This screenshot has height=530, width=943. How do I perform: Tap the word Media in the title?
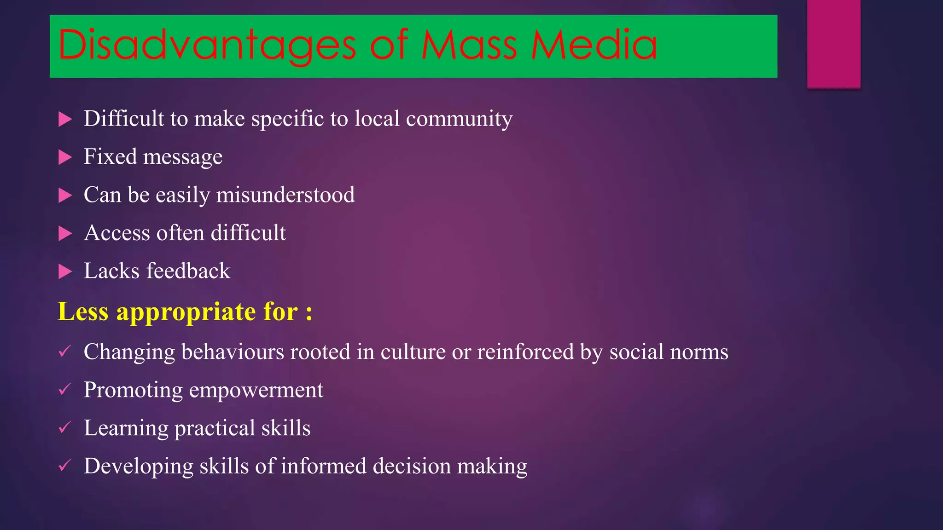point(594,45)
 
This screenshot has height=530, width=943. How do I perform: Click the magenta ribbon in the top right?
point(833,44)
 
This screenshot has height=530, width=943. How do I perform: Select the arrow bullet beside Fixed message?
point(65,158)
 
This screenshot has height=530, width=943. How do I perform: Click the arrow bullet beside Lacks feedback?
point(65,272)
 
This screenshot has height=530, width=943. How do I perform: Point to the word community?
point(459,119)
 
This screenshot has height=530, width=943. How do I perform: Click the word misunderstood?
point(285,195)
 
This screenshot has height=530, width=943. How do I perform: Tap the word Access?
point(117,233)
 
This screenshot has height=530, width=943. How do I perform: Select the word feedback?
point(188,271)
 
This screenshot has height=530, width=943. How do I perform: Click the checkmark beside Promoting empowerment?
point(64,390)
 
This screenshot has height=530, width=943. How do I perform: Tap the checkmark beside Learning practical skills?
point(64,428)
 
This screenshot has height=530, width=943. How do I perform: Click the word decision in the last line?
point(412,466)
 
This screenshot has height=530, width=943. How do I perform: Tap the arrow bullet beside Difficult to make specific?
point(65,120)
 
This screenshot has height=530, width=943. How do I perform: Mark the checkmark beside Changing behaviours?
point(64,352)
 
